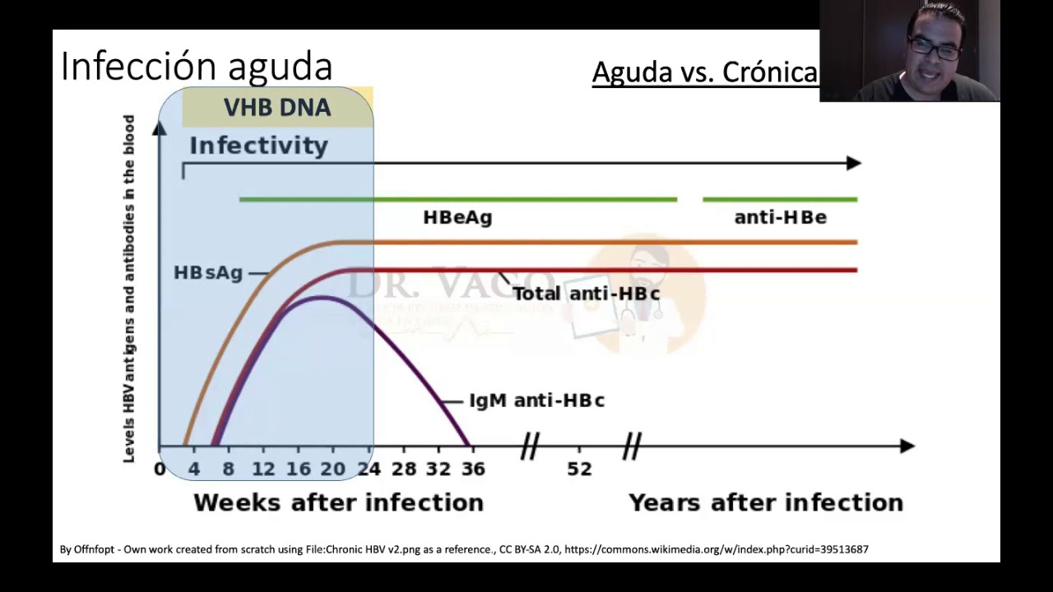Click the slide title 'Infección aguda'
pyautogui.click(x=197, y=67)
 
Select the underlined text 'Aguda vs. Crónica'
pyautogui.click(x=705, y=72)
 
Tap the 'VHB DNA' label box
pyautogui.click(x=277, y=108)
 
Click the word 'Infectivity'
pyautogui.click(x=258, y=146)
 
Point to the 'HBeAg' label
pyautogui.click(x=457, y=218)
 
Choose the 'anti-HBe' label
pyautogui.click(x=780, y=218)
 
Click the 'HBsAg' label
pyautogui.click(x=208, y=273)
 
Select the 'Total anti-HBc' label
pyautogui.click(x=586, y=294)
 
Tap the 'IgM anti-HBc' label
pyautogui.click(x=536, y=400)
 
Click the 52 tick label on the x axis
pyautogui.click(x=579, y=469)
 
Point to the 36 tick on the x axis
pyautogui.click(x=473, y=469)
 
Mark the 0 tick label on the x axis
pyautogui.click(x=160, y=469)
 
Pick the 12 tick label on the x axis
pyautogui.click(x=263, y=469)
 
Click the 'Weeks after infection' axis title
pyautogui.click(x=338, y=502)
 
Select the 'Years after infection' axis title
pyautogui.click(x=766, y=502)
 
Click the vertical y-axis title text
pyautogui.click(x=129, y=288)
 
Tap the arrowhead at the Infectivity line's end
pyautogui.click(x=853, y=164)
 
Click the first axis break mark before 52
pyautogui.click(x=530, y=446)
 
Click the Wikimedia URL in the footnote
pyautogui.click(x=716, y=549)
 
